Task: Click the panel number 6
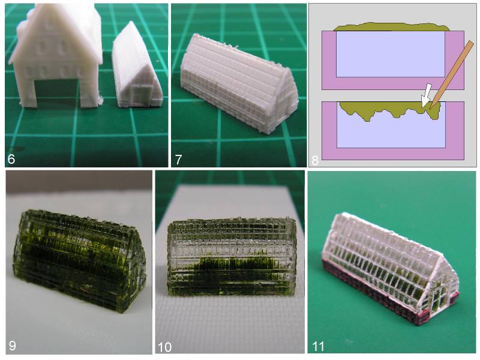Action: (x=11, y=159)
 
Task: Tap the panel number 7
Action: (x=178, y=160)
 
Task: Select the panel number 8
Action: (x=315, y=160)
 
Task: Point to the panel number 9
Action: (x=12, y=346)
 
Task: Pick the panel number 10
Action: (x=164, y=347)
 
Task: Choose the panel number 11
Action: (x=319, y=346)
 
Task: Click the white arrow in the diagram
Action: (x=426, y=95)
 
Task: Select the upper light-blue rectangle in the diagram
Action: (x=391, y=54)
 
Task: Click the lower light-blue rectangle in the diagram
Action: (x=391, y=132)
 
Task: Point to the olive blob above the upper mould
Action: (x=391, y=27)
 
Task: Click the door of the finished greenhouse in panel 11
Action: (x=437, y=298)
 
